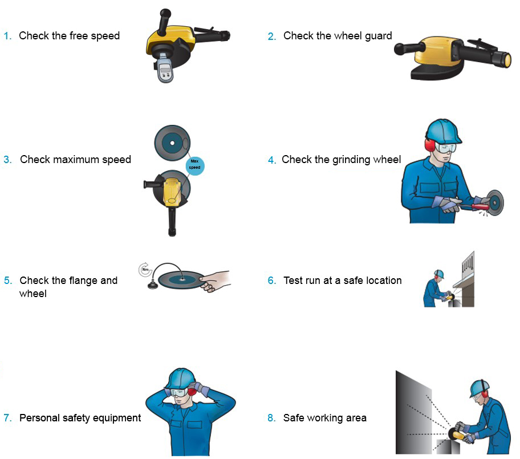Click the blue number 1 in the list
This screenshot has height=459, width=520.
pos(7,36)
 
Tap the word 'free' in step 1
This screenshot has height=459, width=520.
pos(79,35)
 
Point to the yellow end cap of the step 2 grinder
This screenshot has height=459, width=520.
pos(507,60)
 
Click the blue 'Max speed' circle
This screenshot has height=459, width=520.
pos(194,166)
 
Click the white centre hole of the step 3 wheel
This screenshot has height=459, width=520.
pos(172,143)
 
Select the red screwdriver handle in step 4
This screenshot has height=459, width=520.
pos(480,206)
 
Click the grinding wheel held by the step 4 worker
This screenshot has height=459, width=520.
pos(494,202)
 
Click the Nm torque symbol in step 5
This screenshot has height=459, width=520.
pos(145,269)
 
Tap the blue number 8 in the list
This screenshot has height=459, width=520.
pos(271,418)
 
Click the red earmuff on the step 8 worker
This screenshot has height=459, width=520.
pos(485,393)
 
